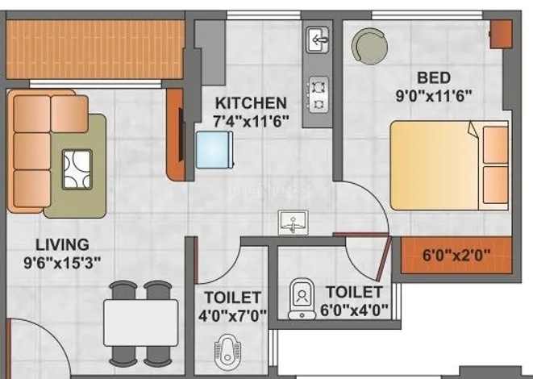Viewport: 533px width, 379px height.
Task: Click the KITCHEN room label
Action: (251, 103)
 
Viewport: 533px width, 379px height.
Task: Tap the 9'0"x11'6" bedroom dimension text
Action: (434, 95)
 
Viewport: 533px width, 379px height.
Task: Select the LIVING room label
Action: (63, 244)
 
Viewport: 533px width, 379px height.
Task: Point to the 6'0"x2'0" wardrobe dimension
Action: (456, 254)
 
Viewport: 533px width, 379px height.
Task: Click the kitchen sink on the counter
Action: (318, 40)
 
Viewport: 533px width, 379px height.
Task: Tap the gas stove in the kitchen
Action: (319, 95)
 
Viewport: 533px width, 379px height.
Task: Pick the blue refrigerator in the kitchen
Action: (214, 150)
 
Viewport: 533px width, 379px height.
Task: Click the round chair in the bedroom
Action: (369, 46)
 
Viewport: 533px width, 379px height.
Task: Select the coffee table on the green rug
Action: (77, 169)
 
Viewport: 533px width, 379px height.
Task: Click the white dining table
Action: (141, 323)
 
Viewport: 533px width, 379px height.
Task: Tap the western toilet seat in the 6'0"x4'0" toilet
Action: (302, 299)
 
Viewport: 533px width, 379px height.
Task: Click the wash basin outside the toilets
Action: (293, 223)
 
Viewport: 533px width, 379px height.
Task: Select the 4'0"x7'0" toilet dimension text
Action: (232, 316)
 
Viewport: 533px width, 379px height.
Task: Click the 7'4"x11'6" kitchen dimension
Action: (251, 121)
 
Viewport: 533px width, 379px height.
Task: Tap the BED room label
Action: (434, 77)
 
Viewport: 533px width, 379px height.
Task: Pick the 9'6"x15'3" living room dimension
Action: (63, 263)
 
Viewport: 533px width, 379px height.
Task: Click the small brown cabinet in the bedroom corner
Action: (501, 34)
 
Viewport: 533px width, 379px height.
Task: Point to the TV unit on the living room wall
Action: (176, 135)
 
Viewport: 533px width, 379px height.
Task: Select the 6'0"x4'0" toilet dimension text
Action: (354, 310)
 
